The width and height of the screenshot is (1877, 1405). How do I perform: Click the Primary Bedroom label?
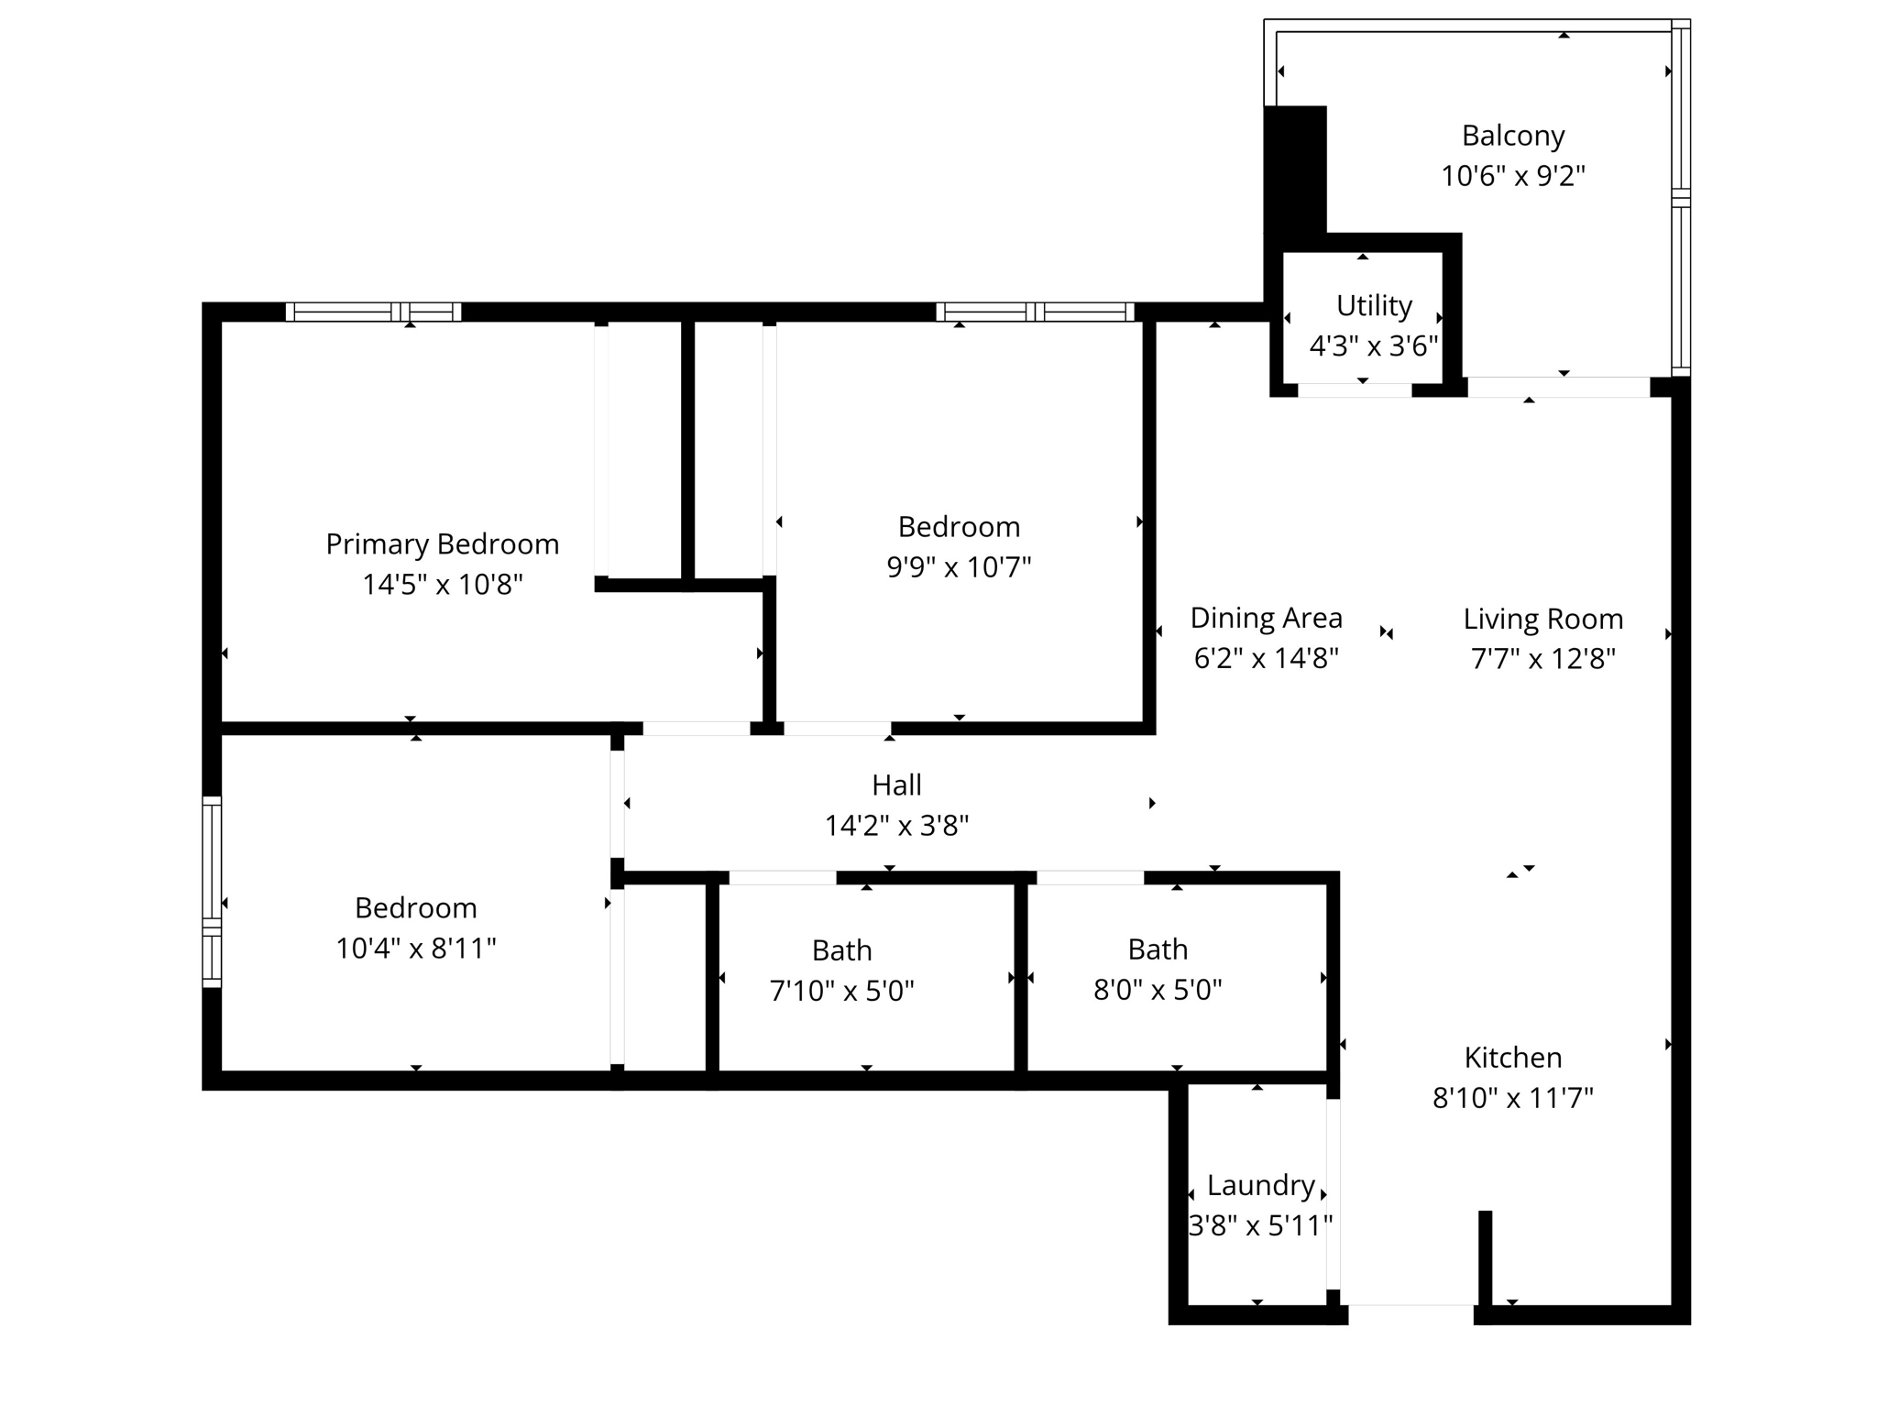442,544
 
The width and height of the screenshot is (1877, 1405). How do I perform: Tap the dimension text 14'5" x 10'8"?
442,585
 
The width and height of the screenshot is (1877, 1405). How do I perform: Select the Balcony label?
1512,136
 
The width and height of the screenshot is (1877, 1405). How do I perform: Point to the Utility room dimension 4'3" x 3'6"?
1373,346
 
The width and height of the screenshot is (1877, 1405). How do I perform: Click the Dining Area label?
1266,619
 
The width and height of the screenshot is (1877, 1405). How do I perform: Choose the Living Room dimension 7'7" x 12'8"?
1542,659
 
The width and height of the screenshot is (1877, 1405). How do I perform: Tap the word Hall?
896,785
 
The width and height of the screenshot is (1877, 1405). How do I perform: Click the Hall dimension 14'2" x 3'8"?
896,827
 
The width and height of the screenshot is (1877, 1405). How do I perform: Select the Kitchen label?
1512,1058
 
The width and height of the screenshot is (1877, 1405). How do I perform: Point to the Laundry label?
1260,1186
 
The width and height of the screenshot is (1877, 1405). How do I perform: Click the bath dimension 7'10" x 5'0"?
841,992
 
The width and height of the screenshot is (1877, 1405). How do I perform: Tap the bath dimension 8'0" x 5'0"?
1158,991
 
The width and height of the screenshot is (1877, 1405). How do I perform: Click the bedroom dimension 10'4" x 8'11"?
415,949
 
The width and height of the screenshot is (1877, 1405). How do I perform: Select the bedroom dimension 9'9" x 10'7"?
959,567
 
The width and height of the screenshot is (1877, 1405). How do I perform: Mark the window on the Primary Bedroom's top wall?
373,312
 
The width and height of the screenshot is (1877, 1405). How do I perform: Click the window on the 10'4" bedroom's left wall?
212,892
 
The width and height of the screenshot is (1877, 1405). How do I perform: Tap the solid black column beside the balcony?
1295,170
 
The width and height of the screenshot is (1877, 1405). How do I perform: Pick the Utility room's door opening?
1355,390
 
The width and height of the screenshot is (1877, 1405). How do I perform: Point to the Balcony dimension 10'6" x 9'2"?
1512,176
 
